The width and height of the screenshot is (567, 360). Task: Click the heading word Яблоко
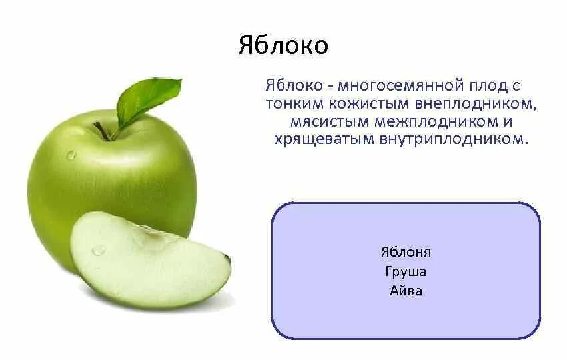point(283,46)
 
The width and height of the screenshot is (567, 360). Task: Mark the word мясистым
point(323,122)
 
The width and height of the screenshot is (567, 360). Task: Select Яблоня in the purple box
point(406,252)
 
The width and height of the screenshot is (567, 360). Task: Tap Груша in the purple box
point(406,271)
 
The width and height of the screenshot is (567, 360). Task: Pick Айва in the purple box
point(406,291)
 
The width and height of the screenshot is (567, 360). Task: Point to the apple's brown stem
point(102,131)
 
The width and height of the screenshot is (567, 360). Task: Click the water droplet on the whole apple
point(71,155)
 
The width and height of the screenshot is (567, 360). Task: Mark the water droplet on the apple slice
point(99,250)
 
